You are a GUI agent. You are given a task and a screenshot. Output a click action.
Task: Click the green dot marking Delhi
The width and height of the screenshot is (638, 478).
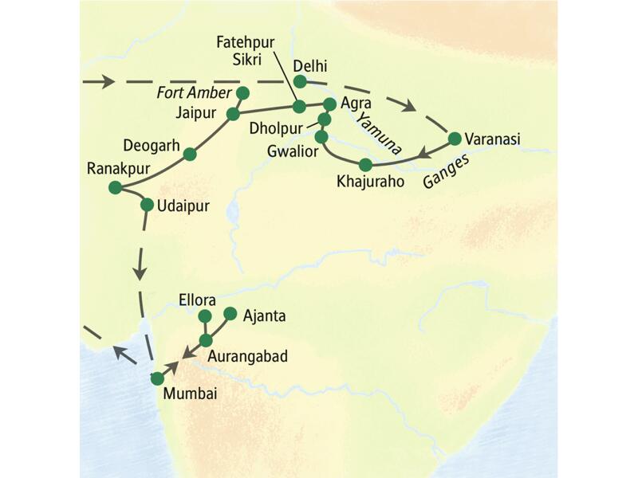(300, 81)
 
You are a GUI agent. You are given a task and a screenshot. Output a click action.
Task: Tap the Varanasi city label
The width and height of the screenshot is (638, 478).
(494, 139)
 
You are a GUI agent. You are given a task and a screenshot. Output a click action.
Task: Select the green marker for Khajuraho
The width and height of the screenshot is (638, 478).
(365, 165)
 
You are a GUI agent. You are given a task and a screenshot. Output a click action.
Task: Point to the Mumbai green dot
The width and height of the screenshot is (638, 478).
(158, 378)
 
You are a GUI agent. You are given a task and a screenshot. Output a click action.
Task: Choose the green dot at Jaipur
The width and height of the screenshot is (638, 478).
(233, 114)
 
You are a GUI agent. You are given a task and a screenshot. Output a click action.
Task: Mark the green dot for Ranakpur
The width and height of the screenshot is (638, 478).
(115, 187)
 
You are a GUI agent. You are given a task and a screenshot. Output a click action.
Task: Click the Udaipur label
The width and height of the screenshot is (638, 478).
(184, 206)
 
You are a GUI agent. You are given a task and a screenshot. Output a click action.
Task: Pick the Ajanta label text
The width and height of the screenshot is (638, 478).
(264, 316)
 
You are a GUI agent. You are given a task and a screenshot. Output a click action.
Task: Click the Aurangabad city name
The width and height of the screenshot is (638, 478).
(249, 356)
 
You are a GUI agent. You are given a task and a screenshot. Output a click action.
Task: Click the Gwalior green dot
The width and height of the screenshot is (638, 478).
(321, 136)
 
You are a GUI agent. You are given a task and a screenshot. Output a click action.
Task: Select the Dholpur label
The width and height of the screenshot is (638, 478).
(278, 127)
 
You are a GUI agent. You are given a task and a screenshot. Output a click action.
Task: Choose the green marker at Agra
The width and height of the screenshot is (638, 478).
(329, 104)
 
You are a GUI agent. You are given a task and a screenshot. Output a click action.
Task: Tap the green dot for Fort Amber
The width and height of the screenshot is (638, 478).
(244, 92)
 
